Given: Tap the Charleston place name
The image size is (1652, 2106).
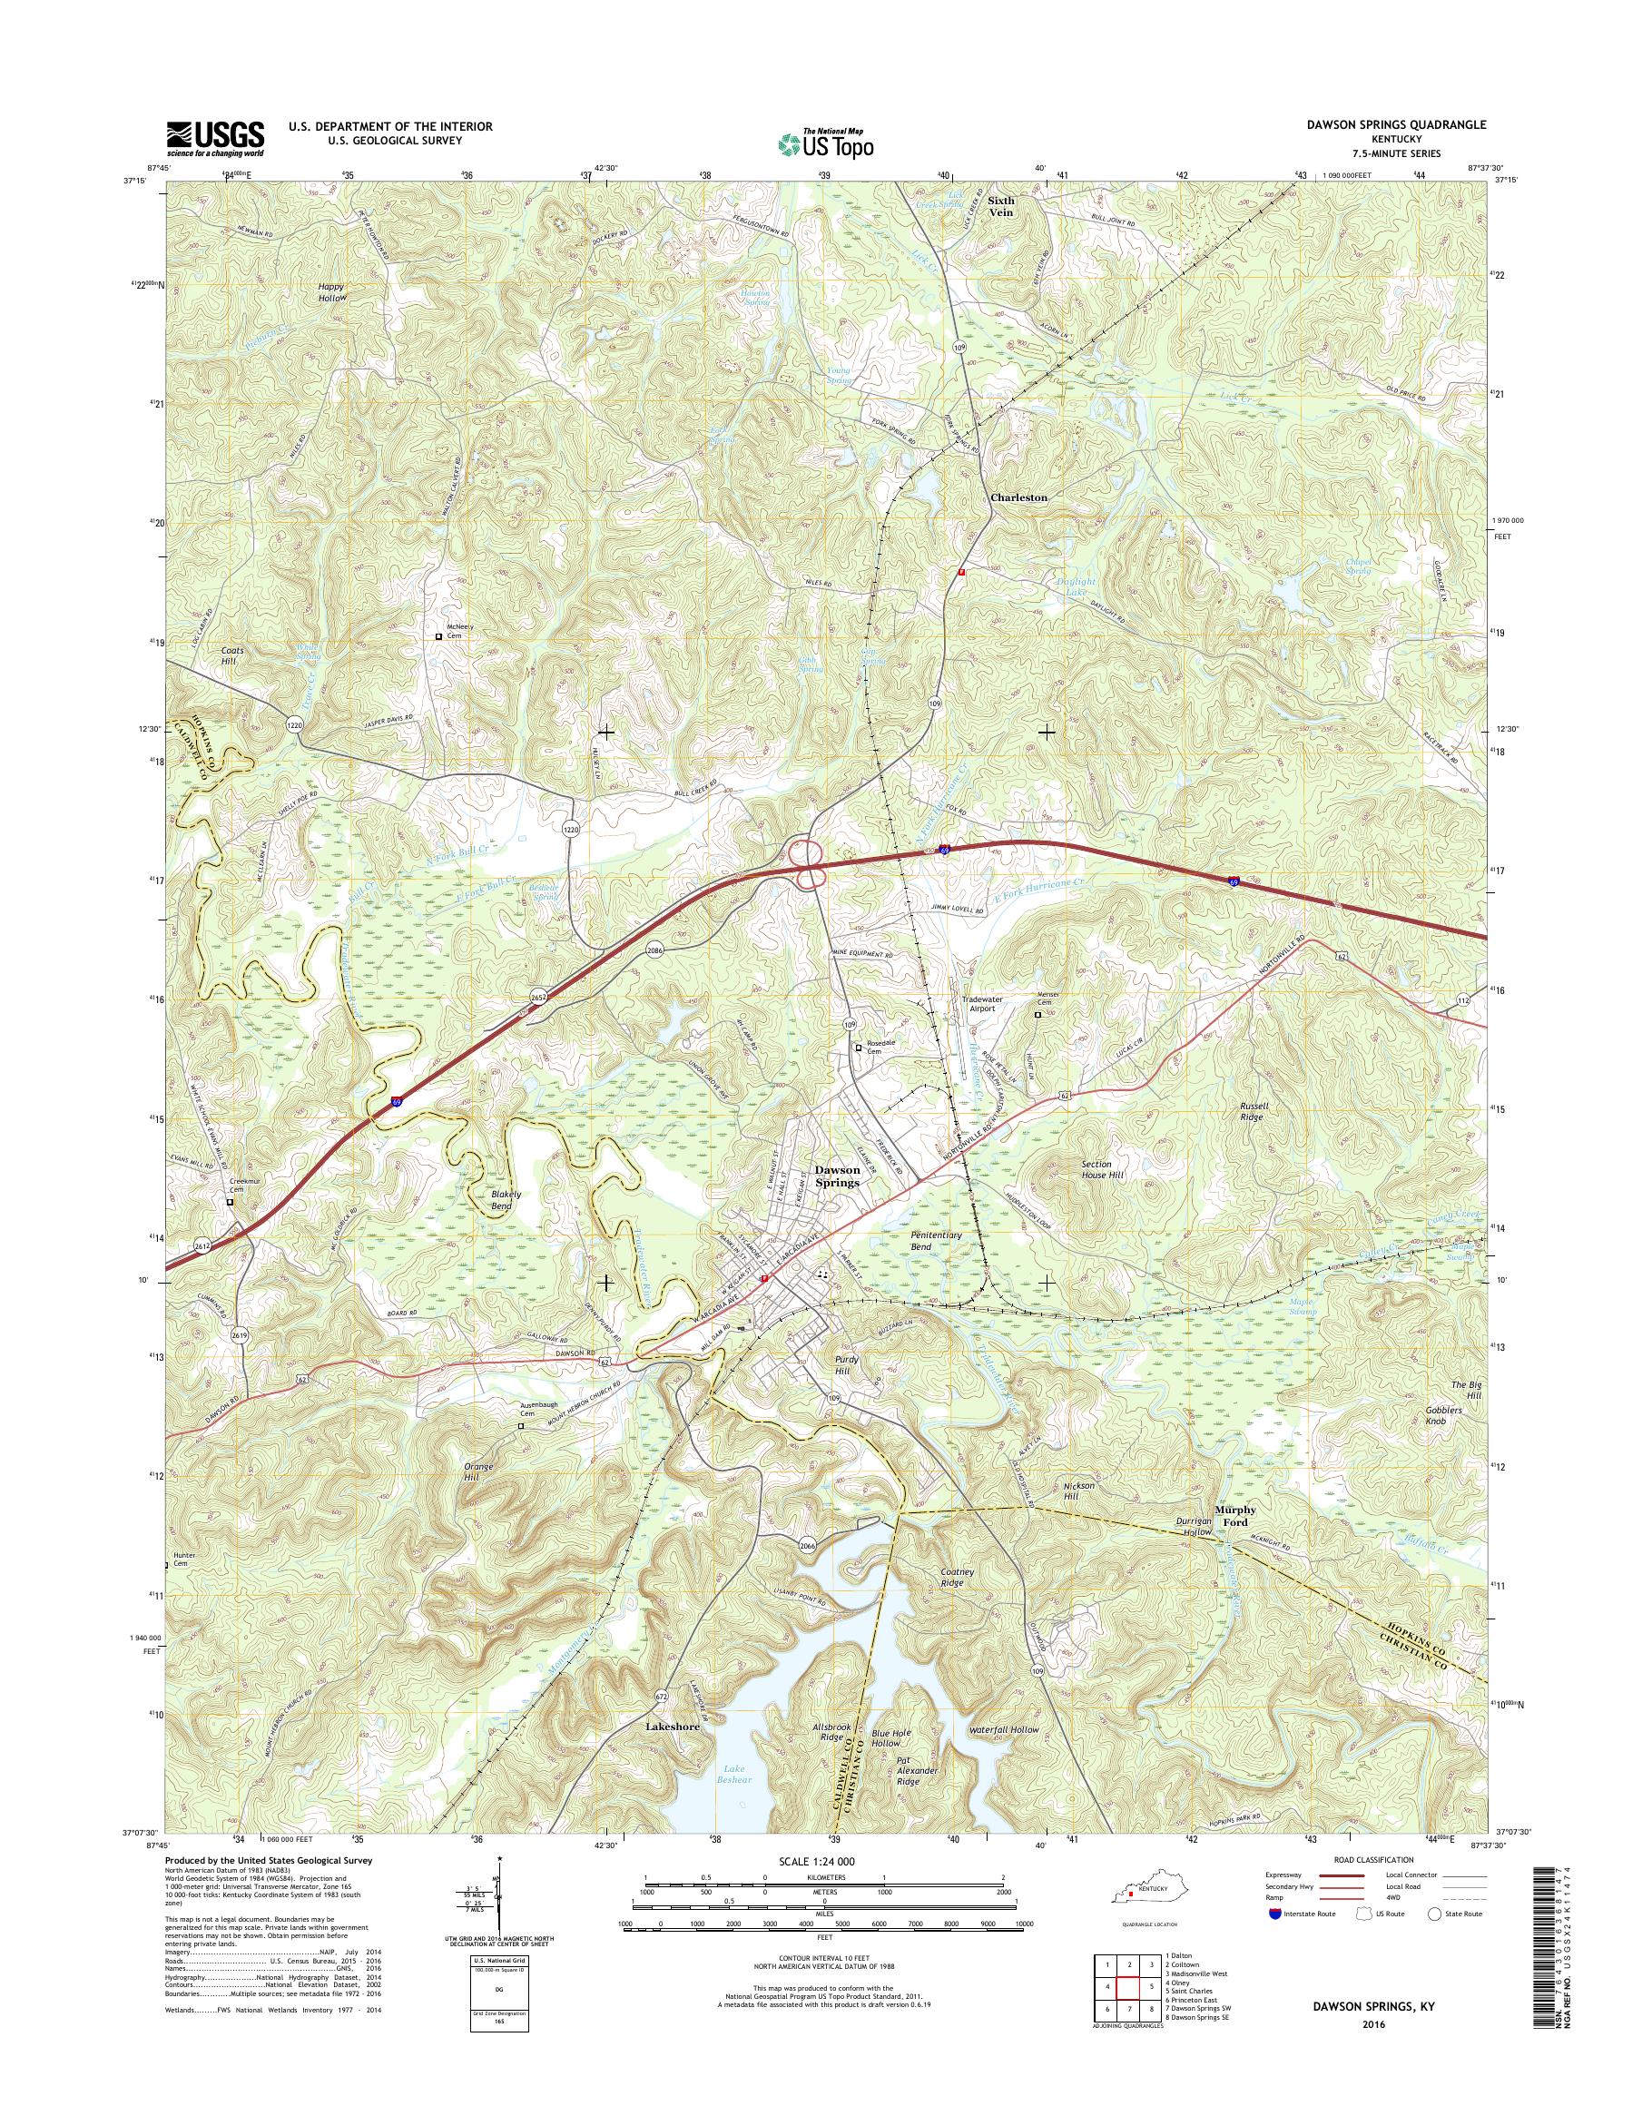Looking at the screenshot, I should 1018,497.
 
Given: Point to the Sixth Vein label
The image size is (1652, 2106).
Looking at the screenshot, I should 1001,206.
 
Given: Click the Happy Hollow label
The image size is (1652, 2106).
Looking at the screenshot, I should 331,293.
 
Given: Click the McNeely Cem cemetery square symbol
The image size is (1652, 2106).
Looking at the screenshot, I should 438,636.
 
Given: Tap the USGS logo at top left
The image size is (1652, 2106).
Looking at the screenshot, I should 215,137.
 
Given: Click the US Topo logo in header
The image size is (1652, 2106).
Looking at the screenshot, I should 825,144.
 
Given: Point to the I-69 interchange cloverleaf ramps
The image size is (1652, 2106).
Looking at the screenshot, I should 806,864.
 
